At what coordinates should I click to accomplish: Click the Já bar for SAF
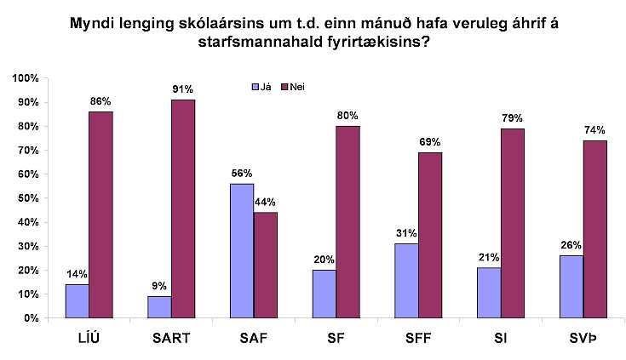click(242, 251)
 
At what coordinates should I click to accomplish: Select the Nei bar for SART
click(183, 209)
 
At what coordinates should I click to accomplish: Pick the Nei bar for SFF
click(430, 235)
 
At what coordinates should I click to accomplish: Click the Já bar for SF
click(324, 294)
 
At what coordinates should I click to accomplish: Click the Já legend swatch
click(252, 86)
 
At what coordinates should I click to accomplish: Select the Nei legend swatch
click(285, 86)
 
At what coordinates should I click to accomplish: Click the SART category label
click(171, 338)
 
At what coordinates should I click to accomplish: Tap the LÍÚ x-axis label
click(89, 338)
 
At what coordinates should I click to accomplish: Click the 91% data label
click(183, 89)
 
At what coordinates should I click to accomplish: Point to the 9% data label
click(159, 285)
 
